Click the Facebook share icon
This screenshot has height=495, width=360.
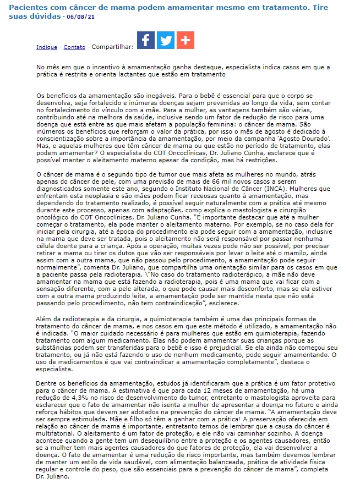[146, 40]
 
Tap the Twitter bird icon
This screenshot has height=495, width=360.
[166, 40]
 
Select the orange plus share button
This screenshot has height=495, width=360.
[186, 40]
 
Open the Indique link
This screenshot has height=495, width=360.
[47, 47]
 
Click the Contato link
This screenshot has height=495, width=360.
[74, 47]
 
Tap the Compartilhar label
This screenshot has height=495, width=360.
[112, 47]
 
